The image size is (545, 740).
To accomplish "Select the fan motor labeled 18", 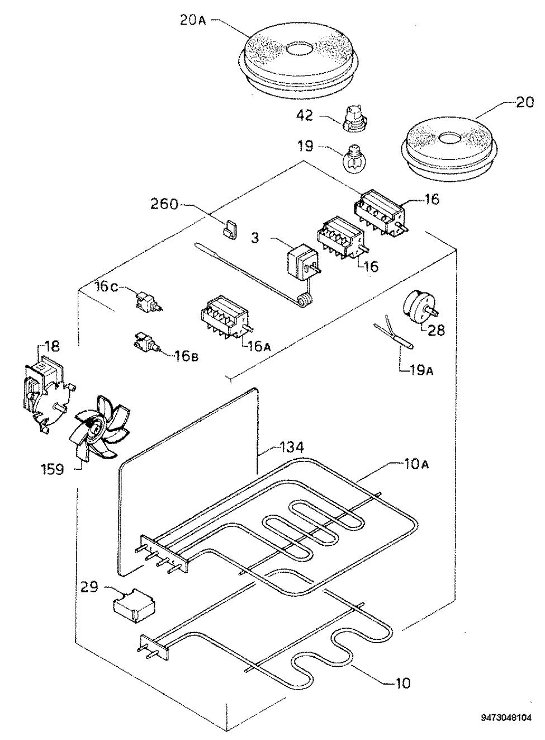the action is (x=48, y=395).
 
